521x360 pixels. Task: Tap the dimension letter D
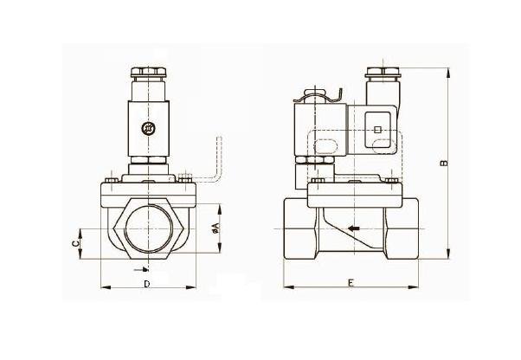[146, 283]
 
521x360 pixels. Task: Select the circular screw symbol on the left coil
[147, 128]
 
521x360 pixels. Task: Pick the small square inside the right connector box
[376, 130]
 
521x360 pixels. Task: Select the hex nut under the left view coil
[147, 164]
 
